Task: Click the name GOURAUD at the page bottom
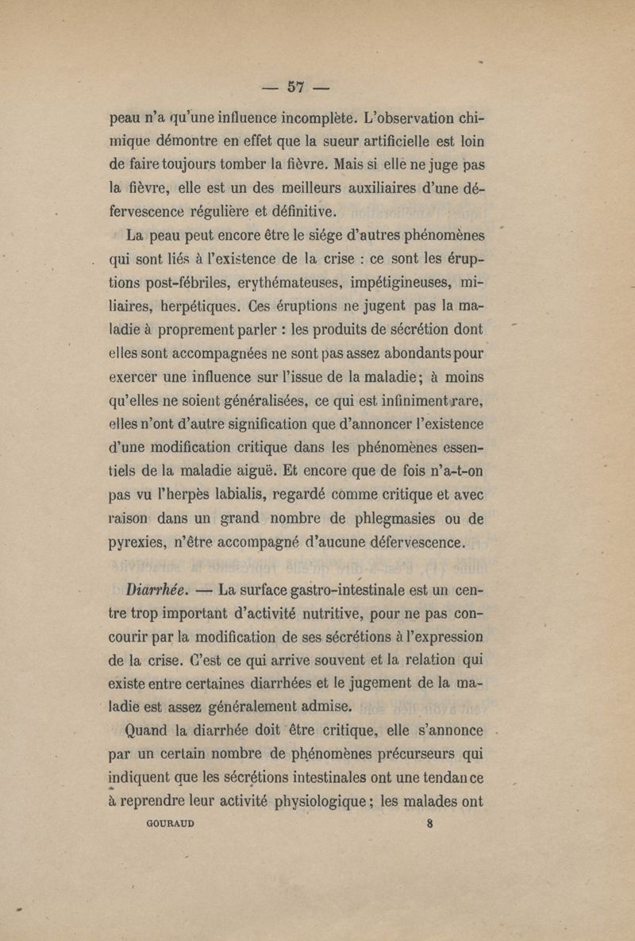click(171, 823)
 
